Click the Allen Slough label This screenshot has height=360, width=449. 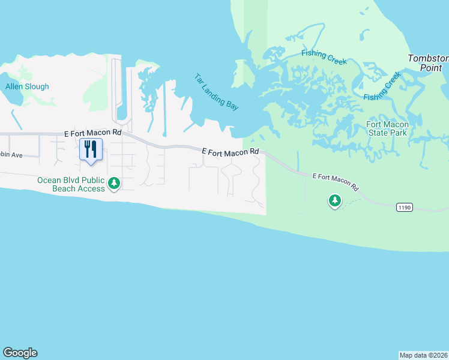click(x=27, y=86)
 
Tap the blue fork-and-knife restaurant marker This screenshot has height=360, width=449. click(x=91, y=149)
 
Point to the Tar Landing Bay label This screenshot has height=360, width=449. click(x=216, y=92)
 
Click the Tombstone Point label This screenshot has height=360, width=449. click(x=428, y=63)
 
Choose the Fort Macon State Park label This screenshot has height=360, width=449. click(x=387, y=128)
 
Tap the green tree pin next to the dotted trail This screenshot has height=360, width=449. click(x=335, y=200)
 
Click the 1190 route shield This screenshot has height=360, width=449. click(x=405, y=207)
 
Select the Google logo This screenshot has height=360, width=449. click(x=20, y=353)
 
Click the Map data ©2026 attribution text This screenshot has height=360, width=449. click(x=423, y=355)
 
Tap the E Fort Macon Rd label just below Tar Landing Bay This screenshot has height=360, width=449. click(x=231, y=152)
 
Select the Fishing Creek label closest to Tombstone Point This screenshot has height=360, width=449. click(x=382, y=88)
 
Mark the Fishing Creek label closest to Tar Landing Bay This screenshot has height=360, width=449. click(x=324, y=55)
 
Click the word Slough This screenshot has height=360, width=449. click(x=37, y=86)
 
